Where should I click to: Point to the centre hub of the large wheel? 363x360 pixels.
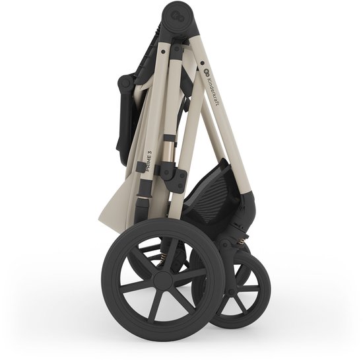point(163,280)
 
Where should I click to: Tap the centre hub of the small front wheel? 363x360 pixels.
point(232,293)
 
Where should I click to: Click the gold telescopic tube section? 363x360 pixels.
point(168,151)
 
